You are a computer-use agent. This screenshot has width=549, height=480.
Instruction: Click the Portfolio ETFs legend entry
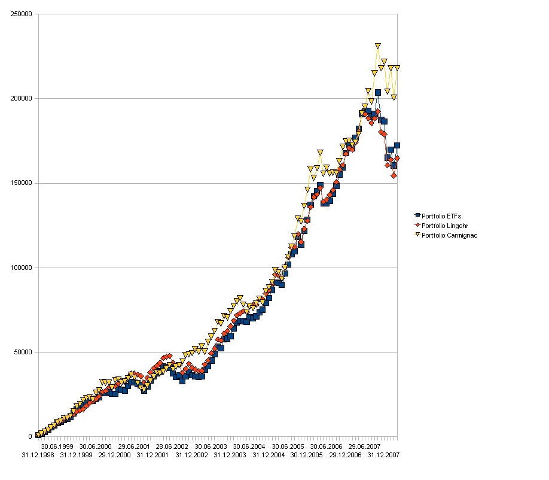pyautogui.click(x=441, y=215)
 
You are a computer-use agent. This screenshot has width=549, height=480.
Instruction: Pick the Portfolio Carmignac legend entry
pyautogui.click(x=449, y=235)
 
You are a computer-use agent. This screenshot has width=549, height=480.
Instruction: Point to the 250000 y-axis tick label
pyautogui.click(x=22, y=14)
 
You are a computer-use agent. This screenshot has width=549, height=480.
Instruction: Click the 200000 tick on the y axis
pyautogui.click(x=22, y=98)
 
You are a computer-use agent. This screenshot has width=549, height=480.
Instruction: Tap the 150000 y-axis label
pyautogui.click(x=22, y=183)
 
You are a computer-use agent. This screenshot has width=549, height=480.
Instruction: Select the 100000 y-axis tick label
pyautogui.click(x=22, y=268)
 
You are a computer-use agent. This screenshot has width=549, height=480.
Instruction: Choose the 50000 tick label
pyautogui.click(x=23, y=352)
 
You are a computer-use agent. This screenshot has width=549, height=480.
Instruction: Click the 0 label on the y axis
pyautogui.click(x=30, y=437)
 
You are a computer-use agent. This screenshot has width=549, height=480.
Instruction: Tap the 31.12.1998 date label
pyautogui.click(x=38, y=455)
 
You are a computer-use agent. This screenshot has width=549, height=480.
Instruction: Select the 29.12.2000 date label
pyautogui.click(x=114, y=455)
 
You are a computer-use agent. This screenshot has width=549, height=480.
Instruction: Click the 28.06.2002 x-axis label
pyautogui.click(x=172, y=446)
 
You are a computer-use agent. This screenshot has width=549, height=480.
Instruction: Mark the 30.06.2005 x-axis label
pyautogui.click(x=287, y=446)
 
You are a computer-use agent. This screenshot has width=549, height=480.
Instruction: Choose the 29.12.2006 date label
pyautogui.click(x=345, y=455)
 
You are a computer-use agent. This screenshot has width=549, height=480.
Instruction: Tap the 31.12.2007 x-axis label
pyautogui.click(x=383, y=455)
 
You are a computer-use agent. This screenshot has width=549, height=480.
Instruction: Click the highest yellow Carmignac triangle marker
pyautogui.click(x=378, y=46)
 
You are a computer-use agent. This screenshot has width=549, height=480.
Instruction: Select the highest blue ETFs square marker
pyautogui.click(x=378, y=92)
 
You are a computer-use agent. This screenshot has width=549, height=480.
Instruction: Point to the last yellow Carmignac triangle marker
pyautogui.click(x=396, y=68)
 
